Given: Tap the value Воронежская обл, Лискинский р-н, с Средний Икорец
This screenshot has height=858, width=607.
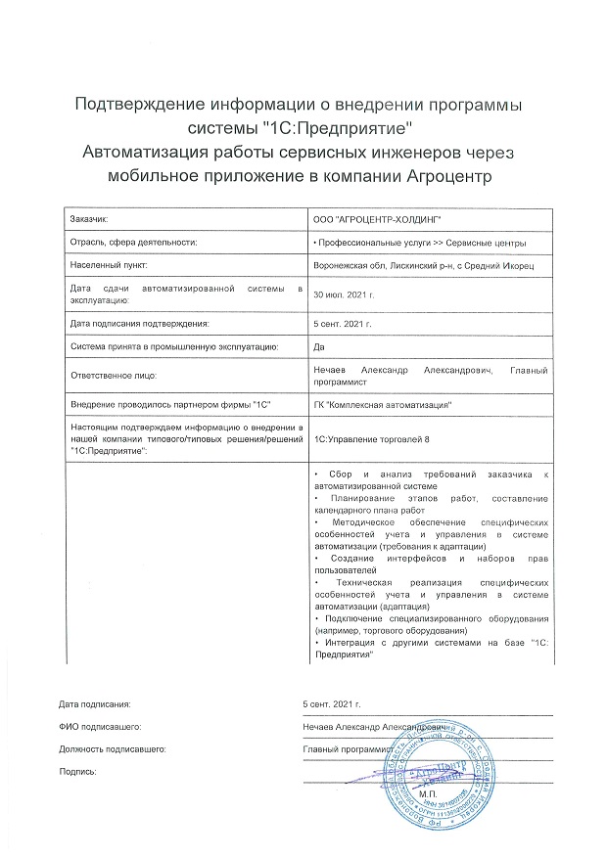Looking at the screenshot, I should pos(423,265).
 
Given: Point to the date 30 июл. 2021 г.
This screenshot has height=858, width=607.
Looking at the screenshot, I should pos(343,294).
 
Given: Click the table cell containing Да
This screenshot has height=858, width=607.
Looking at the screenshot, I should pos(318,346).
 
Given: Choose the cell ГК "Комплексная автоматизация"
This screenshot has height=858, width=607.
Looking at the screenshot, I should pos(379,404).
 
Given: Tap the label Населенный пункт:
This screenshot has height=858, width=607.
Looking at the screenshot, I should pos(109,265).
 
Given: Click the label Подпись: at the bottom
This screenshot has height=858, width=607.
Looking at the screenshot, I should pos(78,772).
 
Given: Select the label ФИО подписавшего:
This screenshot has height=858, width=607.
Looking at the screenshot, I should pos(101,727).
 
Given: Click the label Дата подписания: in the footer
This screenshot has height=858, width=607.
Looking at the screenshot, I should pos(94,704).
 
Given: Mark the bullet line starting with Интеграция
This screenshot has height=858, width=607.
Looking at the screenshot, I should pos(431,647).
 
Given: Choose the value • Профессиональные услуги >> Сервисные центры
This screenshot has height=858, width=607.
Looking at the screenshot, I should pos(418,242).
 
